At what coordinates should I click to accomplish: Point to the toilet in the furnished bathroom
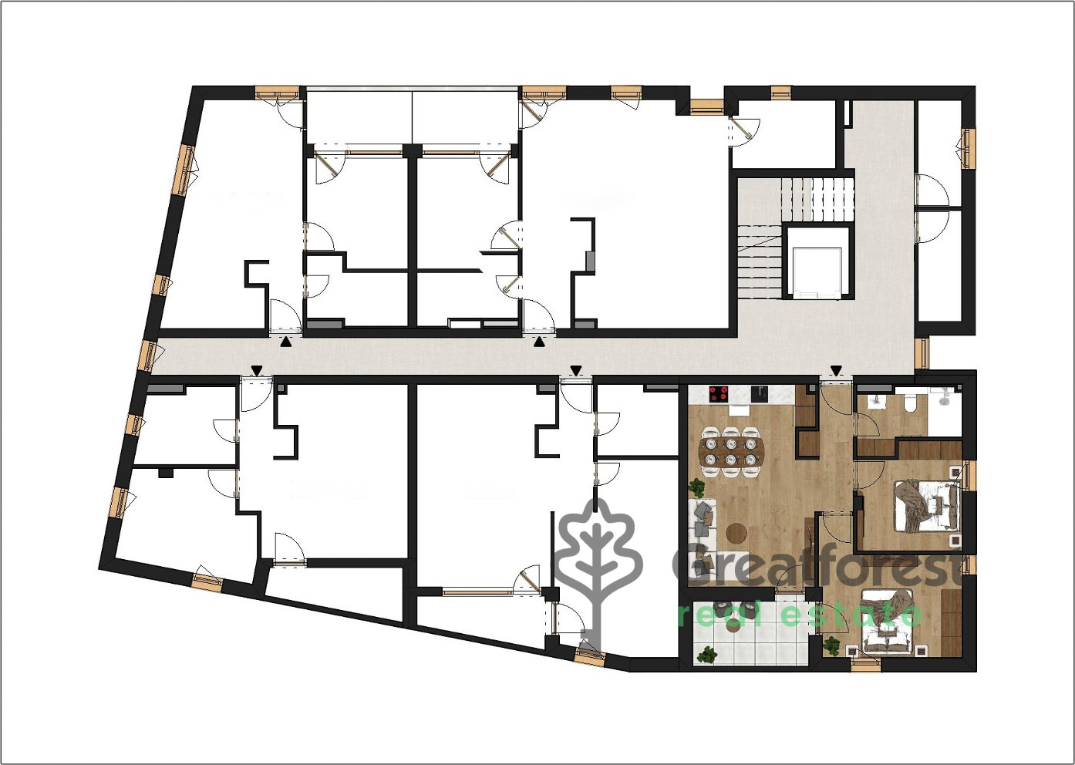(908, 402)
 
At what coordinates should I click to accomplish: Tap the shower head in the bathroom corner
(944, 396)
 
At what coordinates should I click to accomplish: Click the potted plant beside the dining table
(696, 487)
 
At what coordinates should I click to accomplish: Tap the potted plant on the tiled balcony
(707, 654)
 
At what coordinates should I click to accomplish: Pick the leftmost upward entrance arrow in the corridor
(286, 342)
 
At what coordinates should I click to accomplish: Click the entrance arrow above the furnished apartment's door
(837, 370)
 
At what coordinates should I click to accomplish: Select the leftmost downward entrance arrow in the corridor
(258, 370)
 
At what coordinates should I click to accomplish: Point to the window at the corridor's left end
(148, 356)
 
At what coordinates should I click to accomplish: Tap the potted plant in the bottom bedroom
(831, 645)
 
